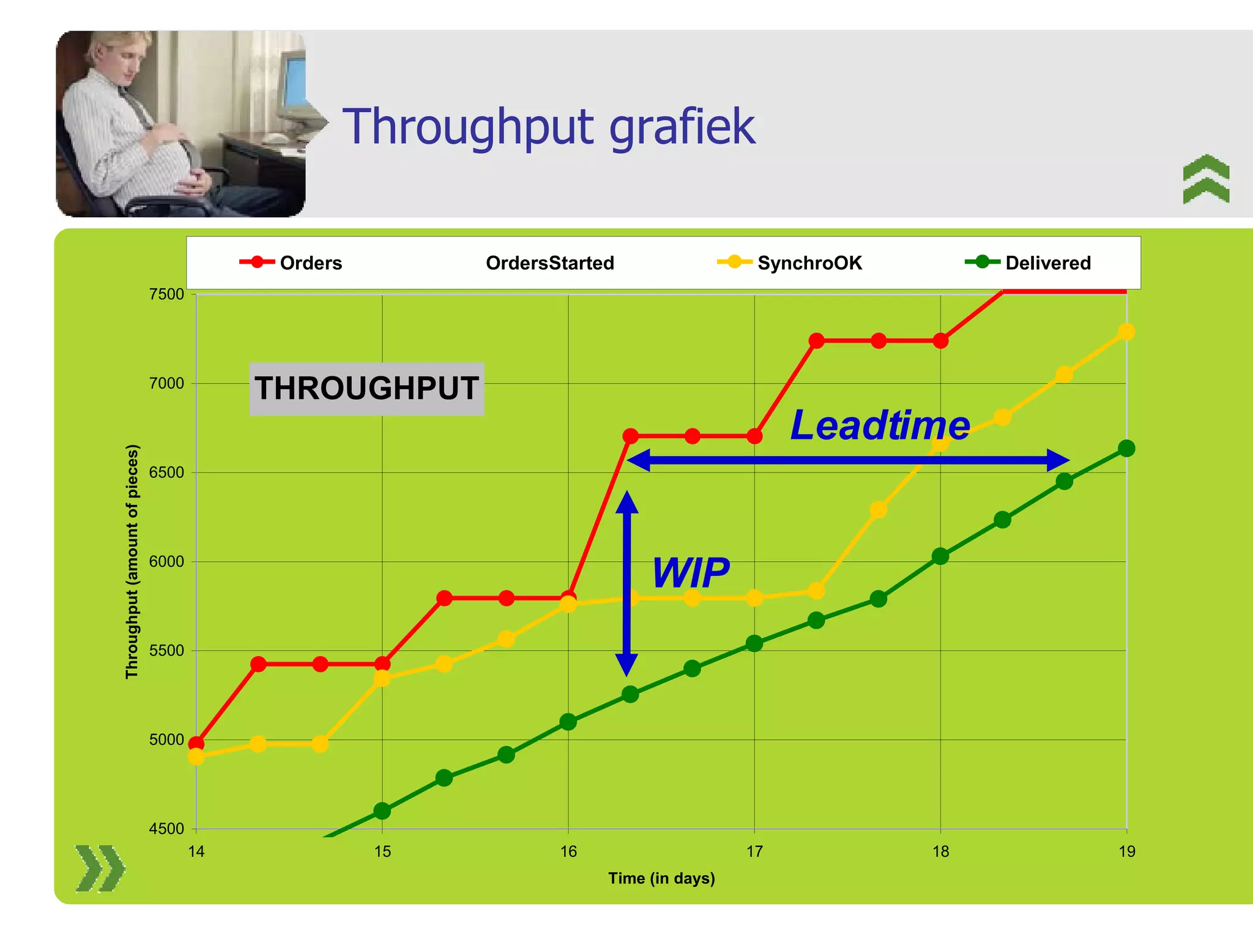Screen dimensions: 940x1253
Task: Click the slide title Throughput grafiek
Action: click(549, 127)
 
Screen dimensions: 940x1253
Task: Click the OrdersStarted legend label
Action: click(549, 263)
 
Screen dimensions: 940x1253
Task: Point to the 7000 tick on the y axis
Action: click(166, 384)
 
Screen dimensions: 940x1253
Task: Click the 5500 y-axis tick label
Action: click(166, 651)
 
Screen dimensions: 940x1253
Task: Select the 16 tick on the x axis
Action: click(568, 851)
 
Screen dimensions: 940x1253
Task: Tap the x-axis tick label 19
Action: click(1126, 851)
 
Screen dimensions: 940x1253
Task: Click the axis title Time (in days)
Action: click(661, 878)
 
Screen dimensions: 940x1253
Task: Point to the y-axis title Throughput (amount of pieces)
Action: click(132, 561)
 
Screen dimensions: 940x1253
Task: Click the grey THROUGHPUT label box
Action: click(366, 389)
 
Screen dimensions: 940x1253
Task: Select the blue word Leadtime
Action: click(880, 425)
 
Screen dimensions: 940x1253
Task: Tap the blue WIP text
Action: click(690, 573)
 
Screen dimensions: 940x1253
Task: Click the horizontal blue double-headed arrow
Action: click(848, 460)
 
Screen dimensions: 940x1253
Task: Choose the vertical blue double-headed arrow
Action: click(626, 583)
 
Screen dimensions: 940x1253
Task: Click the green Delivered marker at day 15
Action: click(382, 811)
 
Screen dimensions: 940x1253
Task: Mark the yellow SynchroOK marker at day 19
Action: click(1126, 332)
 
